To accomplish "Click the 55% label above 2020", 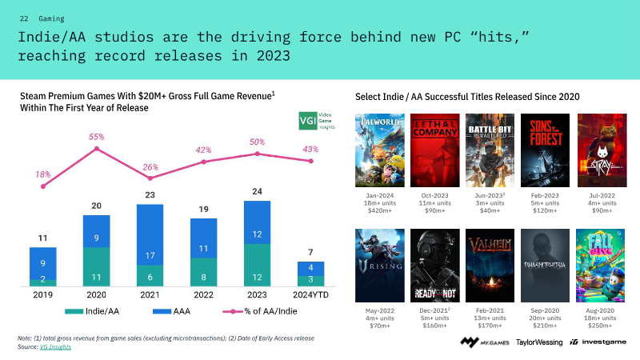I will [97, 137].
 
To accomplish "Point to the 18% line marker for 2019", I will [42, 186].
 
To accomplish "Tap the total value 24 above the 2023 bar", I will [257, 191].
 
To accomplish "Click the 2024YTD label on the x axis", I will [310, 294].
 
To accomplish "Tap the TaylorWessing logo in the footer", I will [538, 342].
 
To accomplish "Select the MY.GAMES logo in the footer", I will [484, 342].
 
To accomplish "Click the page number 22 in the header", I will [24, 18].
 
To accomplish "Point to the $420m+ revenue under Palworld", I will [379, 211].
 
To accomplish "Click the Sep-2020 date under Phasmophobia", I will [545, 309].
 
